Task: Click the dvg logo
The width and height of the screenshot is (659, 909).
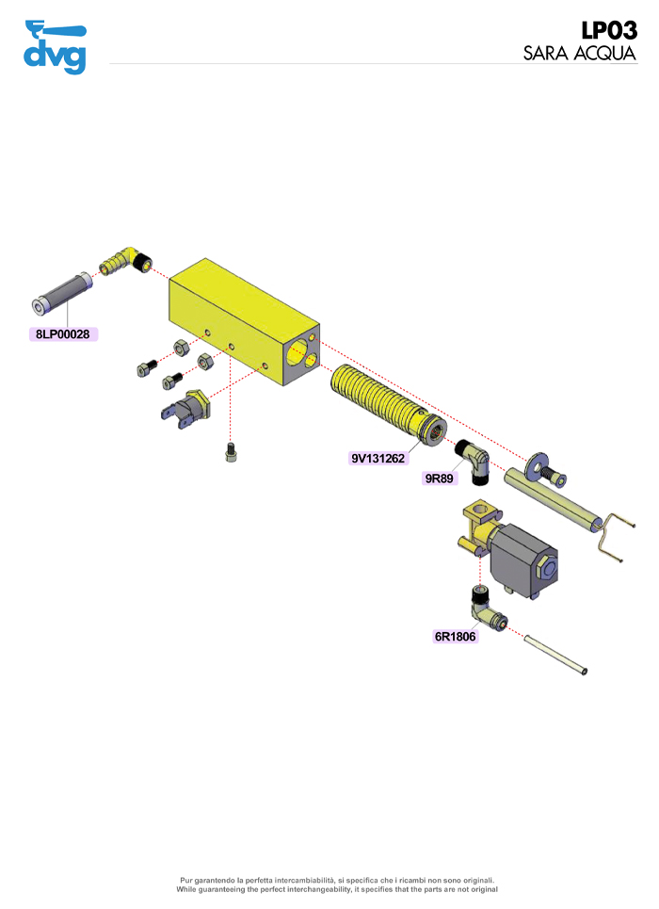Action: coord(55,47)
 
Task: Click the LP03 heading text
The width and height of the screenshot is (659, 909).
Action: coord(609,30)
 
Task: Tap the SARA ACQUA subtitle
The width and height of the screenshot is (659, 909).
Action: coord(580,54)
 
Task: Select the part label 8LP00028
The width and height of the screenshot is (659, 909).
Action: coord(63,334)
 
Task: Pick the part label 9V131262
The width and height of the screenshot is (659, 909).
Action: coord(378,459)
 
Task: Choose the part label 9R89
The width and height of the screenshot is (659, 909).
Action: coord(440,479)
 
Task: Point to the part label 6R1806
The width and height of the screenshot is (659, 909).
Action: coord(455,637)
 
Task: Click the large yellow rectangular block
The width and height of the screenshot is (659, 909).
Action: coord(244,322)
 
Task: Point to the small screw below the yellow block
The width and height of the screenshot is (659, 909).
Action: coord(232,452)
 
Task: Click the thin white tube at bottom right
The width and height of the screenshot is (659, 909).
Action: coord(555,654)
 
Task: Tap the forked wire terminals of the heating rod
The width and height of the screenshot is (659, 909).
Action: coord(616,537)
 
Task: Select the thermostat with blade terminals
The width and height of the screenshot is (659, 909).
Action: coord(185,409)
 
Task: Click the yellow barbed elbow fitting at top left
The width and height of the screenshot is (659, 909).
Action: coord(125,261)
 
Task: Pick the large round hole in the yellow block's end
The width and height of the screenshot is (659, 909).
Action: coord(297,352)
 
